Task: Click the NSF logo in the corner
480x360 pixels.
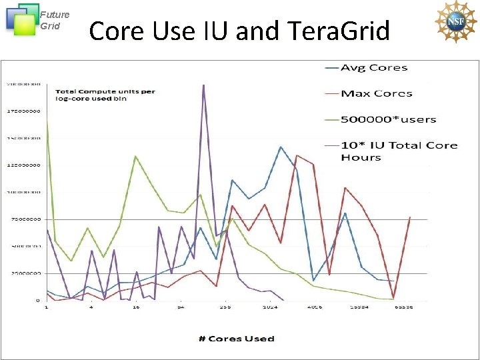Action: coord(455,22)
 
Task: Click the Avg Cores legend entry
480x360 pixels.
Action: coord(374,67)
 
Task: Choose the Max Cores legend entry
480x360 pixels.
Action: coord(376,93)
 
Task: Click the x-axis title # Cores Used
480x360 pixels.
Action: coord(237,339)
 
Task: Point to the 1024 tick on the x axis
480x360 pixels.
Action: coord(270,308)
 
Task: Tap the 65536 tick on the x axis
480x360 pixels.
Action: coord(403,308)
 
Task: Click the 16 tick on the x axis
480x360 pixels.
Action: coord(136,308)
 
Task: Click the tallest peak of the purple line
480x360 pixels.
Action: coord(203,85)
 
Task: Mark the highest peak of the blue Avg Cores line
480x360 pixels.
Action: coord(281,147)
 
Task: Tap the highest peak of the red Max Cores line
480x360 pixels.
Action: coord(297,155)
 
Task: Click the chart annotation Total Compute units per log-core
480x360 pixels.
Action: coord(105,95)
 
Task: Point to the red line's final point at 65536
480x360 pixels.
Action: coord(409,217)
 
